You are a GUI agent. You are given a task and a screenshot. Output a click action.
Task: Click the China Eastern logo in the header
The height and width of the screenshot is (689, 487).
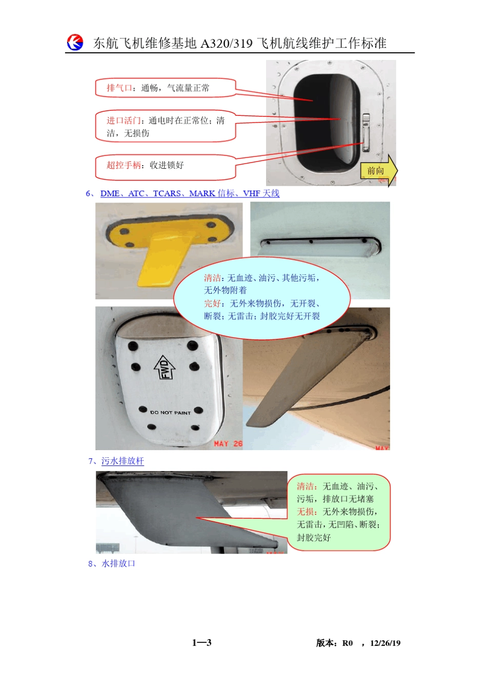pos(75,42)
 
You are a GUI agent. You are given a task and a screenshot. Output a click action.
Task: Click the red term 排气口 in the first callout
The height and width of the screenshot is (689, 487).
pos(118,88)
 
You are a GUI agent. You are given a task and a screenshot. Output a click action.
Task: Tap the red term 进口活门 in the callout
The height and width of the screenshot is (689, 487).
pos(124,120)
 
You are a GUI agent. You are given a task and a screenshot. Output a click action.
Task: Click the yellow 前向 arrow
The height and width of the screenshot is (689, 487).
pos(379,171)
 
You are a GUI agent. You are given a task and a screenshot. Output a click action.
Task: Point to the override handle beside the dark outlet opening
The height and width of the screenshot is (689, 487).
pos(366,132)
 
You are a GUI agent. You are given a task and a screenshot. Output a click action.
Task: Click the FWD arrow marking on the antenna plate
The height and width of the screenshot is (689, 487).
pos(165,368)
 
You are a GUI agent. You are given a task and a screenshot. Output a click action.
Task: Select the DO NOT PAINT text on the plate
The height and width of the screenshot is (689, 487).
pos(170,412)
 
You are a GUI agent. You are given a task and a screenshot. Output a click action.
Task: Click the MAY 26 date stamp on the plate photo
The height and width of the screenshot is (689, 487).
pos(228,443)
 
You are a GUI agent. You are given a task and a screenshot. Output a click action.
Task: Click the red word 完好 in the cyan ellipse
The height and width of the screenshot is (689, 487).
pos(212,303)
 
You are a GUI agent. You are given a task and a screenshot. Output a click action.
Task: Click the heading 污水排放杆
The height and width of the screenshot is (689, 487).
pos(123,461)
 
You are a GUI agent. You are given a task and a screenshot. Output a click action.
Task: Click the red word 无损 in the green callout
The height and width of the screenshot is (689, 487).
pos(306,512)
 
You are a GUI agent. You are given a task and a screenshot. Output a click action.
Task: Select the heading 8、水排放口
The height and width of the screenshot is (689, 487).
pos(112,563)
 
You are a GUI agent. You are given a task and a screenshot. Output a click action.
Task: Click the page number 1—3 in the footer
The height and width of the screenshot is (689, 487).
pos(202,642)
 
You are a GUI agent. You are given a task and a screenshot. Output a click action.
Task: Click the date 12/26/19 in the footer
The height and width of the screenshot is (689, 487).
pos(385,643)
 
